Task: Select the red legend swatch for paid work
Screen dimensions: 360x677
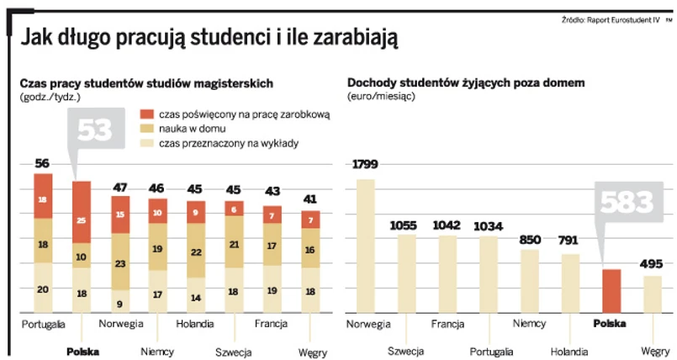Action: coord(146,114)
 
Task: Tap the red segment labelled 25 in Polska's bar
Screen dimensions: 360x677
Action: coord(82,220)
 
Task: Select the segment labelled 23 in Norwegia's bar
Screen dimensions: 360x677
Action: coord(119,263)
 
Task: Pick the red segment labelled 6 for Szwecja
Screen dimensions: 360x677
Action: coord(234,209)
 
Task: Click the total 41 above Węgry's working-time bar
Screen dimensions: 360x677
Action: coord(310,199)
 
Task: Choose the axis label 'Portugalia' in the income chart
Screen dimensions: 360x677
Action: coord(491,351)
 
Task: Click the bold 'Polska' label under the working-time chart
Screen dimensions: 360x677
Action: coord(82,351)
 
